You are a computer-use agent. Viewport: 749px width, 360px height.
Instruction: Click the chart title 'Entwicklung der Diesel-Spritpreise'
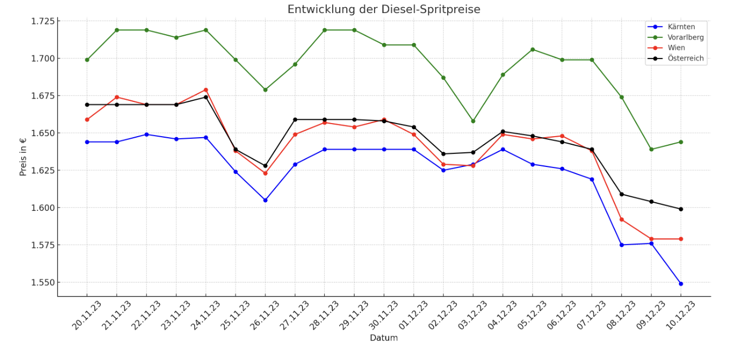tap(383, 10)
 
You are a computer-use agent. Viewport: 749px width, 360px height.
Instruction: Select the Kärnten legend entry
tap(681, 27)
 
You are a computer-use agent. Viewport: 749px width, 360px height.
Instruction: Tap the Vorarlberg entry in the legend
tap(686, 37)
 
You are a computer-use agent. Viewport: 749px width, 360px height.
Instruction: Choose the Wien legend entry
tap(676, 48)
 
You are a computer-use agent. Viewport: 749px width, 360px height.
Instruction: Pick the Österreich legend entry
tap(686, 58)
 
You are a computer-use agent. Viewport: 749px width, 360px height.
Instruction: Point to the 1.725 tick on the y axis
tap(44, 21)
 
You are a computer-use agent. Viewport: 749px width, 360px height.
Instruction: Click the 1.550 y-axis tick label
tap(44, 282)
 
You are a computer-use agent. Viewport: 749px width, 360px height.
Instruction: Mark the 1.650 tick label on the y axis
tap(44, 133)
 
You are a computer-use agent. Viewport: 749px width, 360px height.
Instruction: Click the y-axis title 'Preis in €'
tap(23, 157)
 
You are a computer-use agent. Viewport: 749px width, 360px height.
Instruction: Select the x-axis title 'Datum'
tap(383, 338)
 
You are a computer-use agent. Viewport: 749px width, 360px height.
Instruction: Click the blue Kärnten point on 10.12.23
tap(681, 284)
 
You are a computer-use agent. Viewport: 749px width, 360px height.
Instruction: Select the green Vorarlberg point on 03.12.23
tap(473, 121)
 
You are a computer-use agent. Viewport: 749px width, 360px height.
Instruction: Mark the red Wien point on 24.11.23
tap(206, 90)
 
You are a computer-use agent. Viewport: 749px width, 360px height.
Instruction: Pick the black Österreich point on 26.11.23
tap(265, 166)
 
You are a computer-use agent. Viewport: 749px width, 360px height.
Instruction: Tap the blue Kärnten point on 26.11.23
tap(265, 200)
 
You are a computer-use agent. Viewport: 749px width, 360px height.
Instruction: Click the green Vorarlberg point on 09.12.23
tap(651, 149)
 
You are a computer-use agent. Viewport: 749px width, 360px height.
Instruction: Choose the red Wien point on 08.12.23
tap(622, 220)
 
